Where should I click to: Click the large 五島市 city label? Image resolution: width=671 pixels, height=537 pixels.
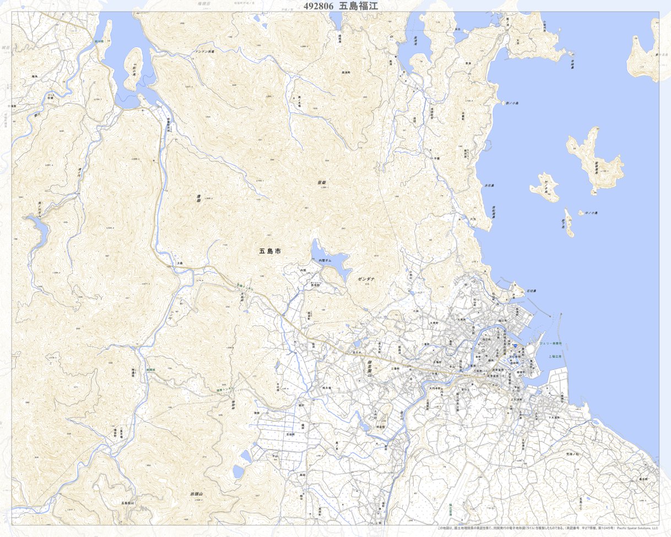pyautogui.click(x=270, y=251)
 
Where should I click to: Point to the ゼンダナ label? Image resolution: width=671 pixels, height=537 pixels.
pyautogui.click(x=366, y=280)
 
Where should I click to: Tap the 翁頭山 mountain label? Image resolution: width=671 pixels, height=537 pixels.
pyautogui.click(x=197, y=494)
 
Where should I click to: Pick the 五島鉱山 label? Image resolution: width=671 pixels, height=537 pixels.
pyautogui.click(x=127, y=503)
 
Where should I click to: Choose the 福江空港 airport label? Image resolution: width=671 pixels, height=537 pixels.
pyautogui.click(x=450, y=508)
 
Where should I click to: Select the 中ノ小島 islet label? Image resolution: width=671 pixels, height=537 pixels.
pyautogui.click(x=592, y=213)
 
